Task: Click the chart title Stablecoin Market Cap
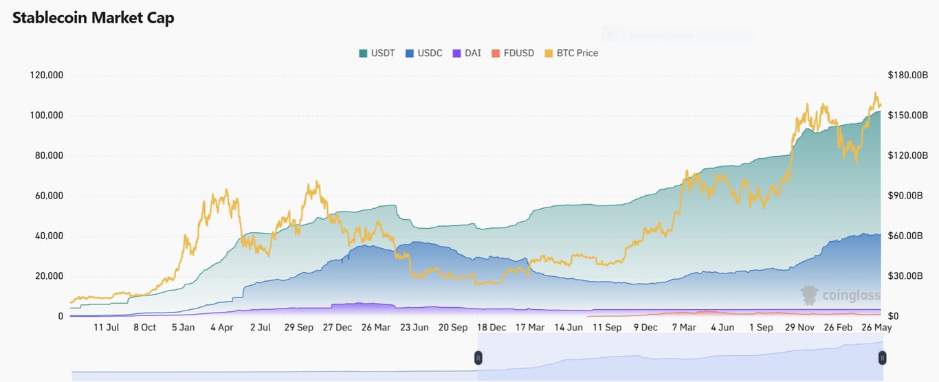point(93,18)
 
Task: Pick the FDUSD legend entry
point(511,53)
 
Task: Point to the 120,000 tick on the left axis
point(47,75)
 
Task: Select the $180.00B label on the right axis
point(908,75)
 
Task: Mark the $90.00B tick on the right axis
point(908,196)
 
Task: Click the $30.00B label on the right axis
point(908,276)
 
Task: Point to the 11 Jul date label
point(107,328)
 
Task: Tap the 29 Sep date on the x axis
point(298,328)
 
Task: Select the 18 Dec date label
point(491,328)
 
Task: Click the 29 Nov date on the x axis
point(799,328)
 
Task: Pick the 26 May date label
point(877,328)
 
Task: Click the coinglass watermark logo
point(841,295)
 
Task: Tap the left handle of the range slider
point(478,357)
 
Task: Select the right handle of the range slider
point(882,357)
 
